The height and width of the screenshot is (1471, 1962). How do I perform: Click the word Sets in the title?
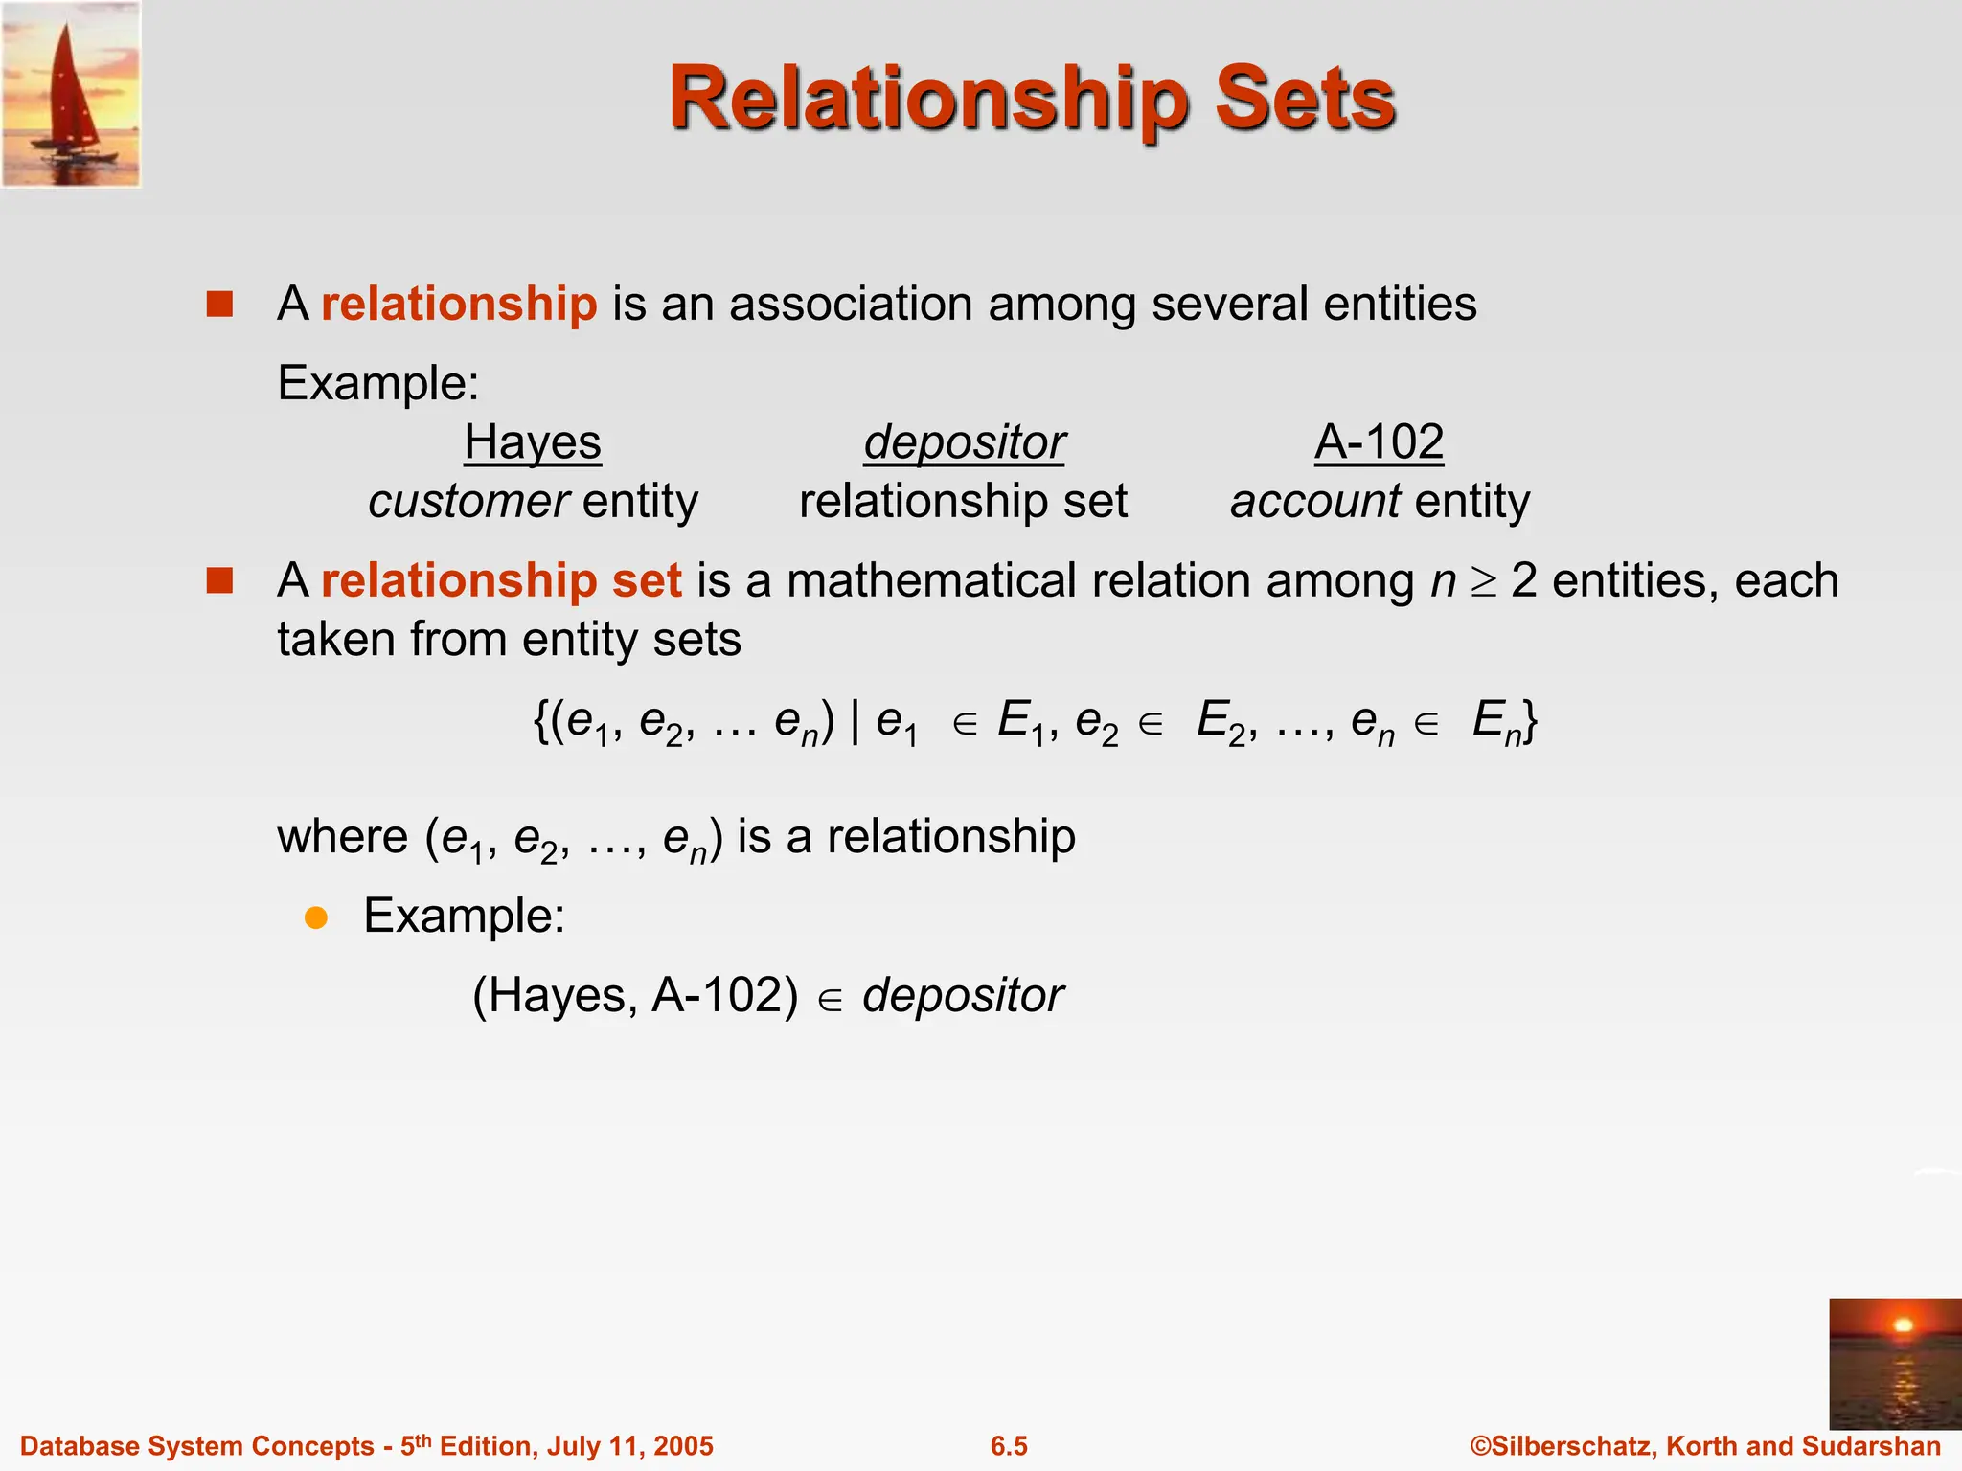click(x=1305, y=100)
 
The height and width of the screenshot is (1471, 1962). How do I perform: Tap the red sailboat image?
click(x=72, y=94)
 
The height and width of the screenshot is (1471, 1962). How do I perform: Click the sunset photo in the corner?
click(x=1894, y=1364)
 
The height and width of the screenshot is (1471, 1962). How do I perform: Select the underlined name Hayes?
click(x=533, y=442)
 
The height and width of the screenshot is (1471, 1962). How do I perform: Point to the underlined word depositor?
click(x=964, y=442)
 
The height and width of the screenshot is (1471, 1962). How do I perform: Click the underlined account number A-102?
click(x=1379, y=442)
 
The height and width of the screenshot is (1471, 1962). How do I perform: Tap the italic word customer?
click(x=468, y=501)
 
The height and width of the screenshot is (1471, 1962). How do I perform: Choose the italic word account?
click(x=1315, y=501)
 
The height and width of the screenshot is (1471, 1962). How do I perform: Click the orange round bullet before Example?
click(x=316, y=918)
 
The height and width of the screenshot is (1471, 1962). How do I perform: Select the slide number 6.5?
click(x=1009, y=1446)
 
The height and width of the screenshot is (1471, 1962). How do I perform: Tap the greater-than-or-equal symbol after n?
click(x=1484, y=582)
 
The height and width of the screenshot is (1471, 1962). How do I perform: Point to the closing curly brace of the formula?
click(x=1530, y=721)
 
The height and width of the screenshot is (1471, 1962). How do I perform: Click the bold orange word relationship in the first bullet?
click(x=459, y=304)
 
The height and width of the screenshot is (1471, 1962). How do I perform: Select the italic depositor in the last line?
click(x=963, y=996)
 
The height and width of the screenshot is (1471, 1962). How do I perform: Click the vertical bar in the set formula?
click(x=855, y=720)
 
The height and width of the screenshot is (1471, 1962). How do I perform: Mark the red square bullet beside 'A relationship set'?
click(x=220, y=580)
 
